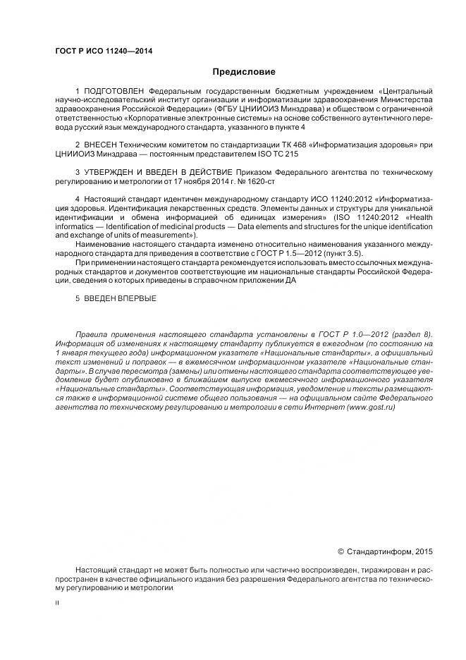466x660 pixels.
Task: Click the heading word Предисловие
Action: [244, 72]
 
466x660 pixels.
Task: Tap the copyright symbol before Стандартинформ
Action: [342, 552]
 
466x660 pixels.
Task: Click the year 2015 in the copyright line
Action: [424, 552]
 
